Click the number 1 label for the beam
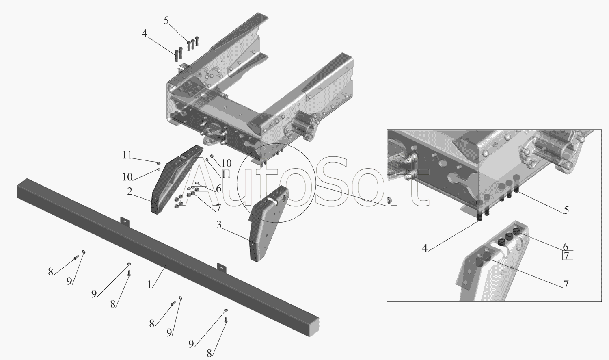[x=149, y=284]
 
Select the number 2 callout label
[x=130, y=191]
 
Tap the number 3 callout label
[x=219, y=225]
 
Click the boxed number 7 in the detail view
[x=566, y=256]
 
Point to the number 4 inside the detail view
[x=425, y=248]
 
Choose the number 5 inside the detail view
[x=566, y=210]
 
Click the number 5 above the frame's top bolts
[x=166, y=20]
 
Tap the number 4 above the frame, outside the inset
[x=145, y=33]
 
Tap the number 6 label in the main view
[x=218, y=189]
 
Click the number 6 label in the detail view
[x=566, y=247]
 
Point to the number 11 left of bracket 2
[x=127, y=155]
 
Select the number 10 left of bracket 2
[x=127, y=177]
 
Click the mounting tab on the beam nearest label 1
[x=222, y=267]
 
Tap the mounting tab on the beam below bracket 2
[x=125, y=221]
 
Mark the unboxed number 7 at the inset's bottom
[x=566, y=284]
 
